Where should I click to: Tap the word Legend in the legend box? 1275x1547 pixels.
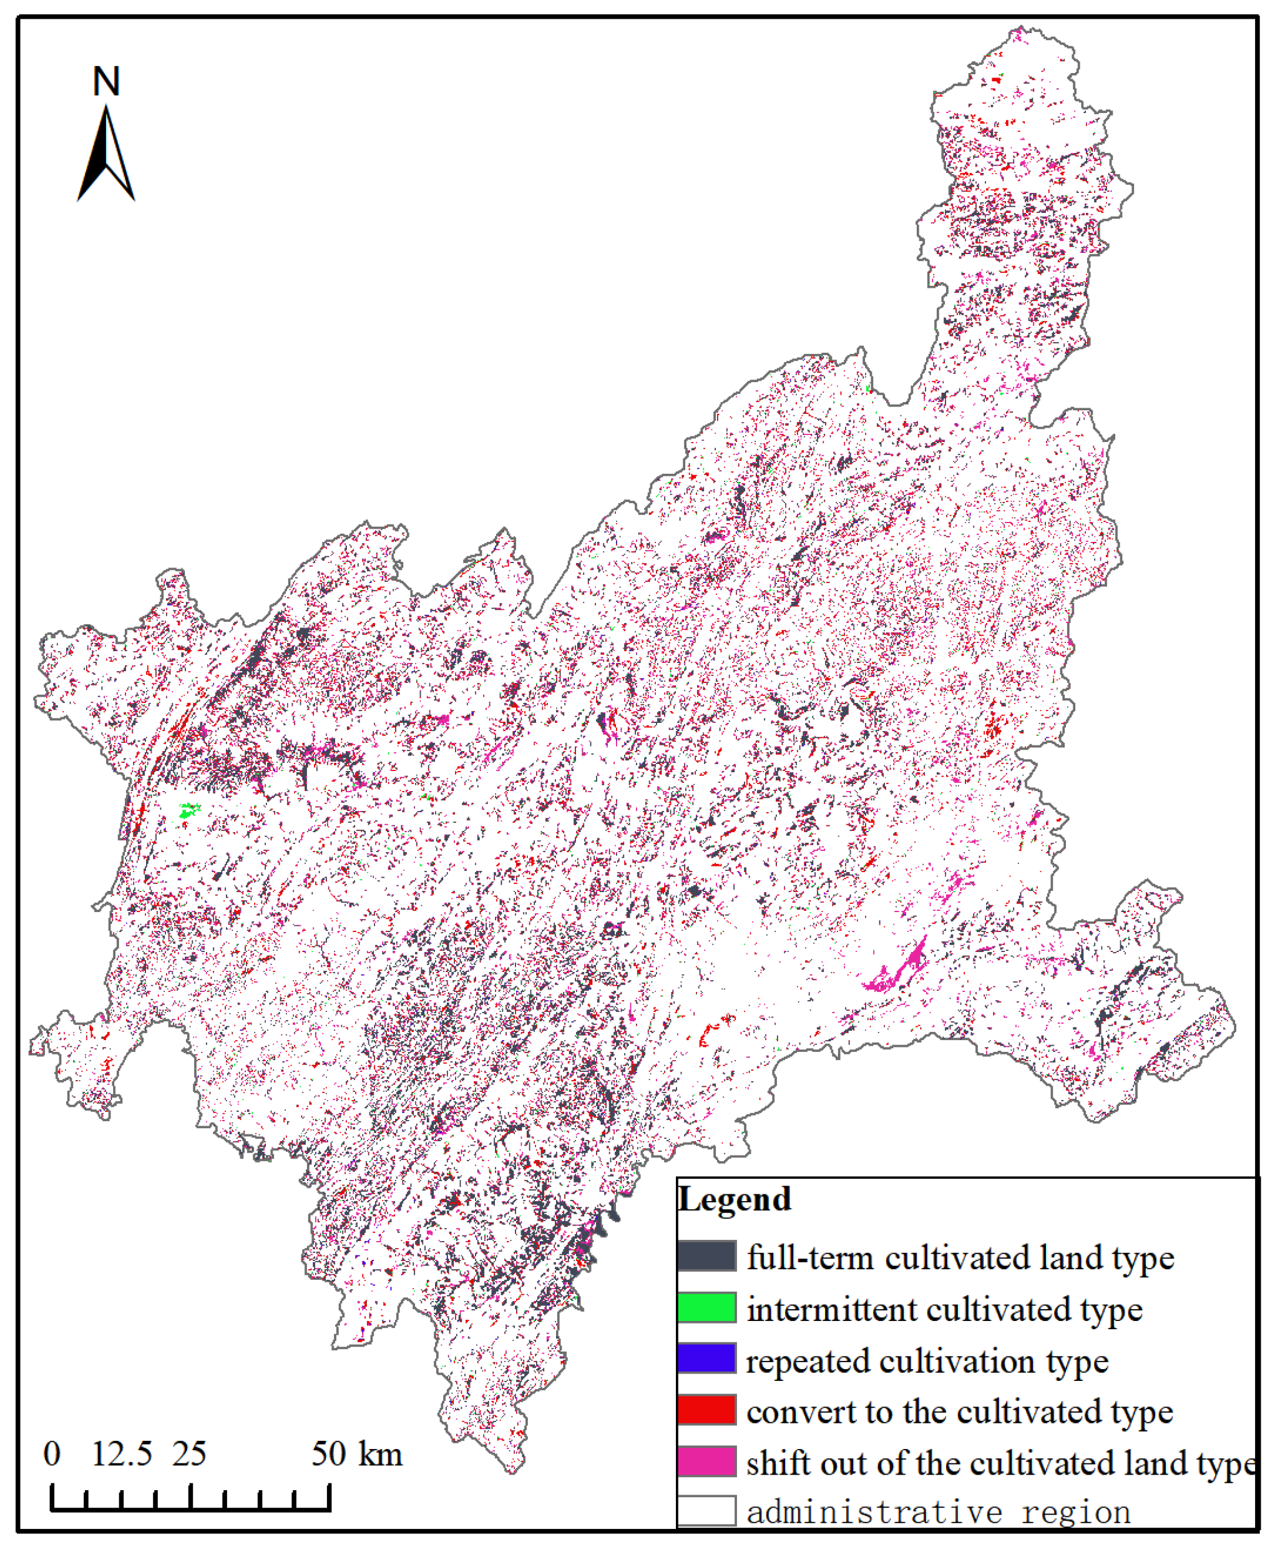[734, 1199]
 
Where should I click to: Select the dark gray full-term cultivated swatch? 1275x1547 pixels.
[706, 1255]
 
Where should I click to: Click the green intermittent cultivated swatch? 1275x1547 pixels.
[706, 1307]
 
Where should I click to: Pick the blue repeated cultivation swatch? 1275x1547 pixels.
[706, 1358]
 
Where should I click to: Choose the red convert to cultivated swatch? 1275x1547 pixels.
[706, 1410]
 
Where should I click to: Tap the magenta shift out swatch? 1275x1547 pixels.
[706, 1461]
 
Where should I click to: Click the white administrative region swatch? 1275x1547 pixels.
[706, 1511]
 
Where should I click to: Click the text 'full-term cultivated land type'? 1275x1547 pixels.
[960, 1257]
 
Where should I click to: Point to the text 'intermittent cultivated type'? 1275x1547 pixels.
[944, 1309]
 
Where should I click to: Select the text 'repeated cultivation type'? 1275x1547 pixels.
[927, 1361]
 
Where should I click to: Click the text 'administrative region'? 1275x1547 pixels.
[938, 1513]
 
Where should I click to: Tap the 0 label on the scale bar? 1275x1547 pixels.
[51, 1454]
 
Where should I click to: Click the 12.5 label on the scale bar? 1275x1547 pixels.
[121, 1454]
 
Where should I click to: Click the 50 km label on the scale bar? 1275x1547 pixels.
[357, 1454]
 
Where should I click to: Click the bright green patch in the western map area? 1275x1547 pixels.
[188, 811]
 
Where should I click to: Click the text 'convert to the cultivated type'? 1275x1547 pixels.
[959, 1412]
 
